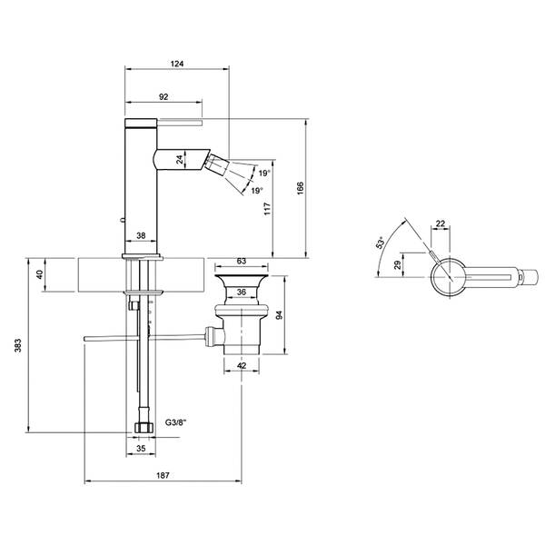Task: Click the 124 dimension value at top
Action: click(x=177, y=64)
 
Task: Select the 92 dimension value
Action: click(x=163, y=97)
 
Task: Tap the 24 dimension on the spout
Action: click(x=179, y=160)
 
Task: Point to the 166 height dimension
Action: click(x=301, y=188)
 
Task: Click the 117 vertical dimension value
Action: click(x=267, y=209)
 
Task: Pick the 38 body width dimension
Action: click(x=141, y=235)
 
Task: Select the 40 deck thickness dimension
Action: click(x=40, y=274)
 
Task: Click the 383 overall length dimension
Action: click(x=18, y=345)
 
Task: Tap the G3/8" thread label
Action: click(x=176, y=422)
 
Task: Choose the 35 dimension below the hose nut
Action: click(x=141, y=449)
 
